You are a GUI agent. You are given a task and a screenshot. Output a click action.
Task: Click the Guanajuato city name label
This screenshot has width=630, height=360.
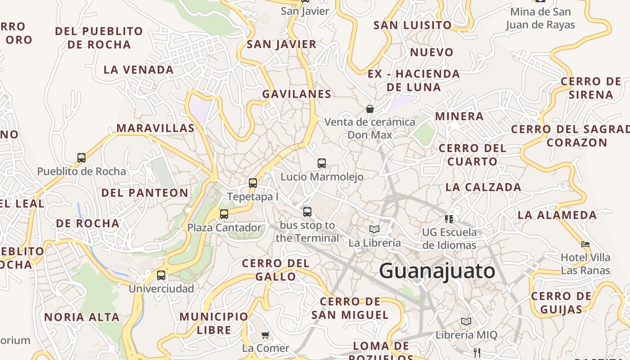coord(437,271)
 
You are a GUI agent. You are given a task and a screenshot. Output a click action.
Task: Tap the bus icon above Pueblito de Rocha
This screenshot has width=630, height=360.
coord(81,158)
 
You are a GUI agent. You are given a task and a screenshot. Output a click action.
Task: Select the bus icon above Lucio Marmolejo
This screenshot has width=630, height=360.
coord(322,163)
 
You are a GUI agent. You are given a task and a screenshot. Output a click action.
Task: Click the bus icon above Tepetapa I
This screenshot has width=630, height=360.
coord(253,183)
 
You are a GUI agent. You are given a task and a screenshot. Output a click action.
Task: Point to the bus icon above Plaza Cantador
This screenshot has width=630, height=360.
coord(224,214)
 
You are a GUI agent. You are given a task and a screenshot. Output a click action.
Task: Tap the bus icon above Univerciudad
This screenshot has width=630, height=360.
coord(161,275)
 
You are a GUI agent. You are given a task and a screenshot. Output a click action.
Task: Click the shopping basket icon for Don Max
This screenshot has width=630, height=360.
coord(370,109)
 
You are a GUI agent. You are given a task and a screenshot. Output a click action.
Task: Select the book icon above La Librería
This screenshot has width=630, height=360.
coord(374,229)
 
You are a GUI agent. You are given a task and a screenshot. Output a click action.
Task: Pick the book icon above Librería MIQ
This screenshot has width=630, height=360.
coord(466,322)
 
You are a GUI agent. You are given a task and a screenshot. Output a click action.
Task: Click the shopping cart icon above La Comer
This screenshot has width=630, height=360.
coord(265,335)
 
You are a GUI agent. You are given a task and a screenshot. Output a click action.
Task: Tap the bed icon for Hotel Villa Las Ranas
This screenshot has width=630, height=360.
coord(585,244)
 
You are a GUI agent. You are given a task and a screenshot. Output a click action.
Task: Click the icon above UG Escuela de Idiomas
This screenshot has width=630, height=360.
coord(449,219)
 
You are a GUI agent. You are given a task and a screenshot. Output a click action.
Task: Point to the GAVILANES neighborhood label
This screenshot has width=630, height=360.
coord(297,94)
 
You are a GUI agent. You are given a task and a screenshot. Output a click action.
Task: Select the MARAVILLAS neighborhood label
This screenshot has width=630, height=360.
coord(156,128)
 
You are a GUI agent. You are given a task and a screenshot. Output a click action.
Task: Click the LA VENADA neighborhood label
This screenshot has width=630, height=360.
coord(139,70)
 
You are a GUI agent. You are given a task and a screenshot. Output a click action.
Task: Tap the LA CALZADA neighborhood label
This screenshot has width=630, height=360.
coord(483,187)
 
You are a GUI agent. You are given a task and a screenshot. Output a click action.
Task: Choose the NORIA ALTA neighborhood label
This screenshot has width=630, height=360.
coord(82,317)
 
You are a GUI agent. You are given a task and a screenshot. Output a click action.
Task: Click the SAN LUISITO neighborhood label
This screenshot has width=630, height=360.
coord(412,25)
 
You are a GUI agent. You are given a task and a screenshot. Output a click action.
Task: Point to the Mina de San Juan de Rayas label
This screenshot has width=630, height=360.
coord(540,18)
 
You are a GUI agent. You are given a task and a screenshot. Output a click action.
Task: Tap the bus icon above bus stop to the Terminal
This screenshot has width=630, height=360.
coord(307,211)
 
